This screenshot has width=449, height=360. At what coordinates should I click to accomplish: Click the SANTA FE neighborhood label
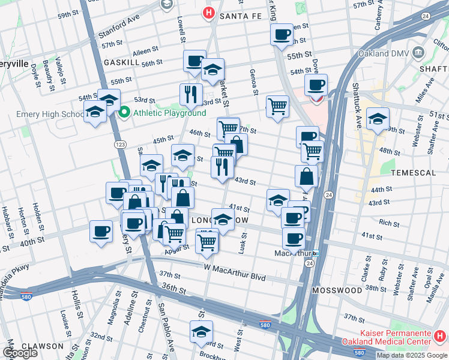coord(241,16)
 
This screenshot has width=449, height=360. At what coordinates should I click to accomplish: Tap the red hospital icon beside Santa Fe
coord(208,12)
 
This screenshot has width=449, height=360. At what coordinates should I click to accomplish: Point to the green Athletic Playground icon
coord(125,112)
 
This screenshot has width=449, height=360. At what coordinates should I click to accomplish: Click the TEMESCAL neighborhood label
coord(412,172)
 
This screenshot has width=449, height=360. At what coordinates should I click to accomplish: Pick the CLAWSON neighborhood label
coord(43,346)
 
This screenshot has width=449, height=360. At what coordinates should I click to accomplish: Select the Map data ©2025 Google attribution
coord(412,355)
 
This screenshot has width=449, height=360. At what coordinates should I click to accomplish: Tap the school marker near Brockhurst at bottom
coord(202,332)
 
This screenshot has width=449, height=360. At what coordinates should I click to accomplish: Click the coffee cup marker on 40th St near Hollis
coord(101,231)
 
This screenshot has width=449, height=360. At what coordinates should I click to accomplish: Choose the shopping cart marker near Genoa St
coord(277,107)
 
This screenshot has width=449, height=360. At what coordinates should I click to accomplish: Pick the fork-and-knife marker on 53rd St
coord(191,94)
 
